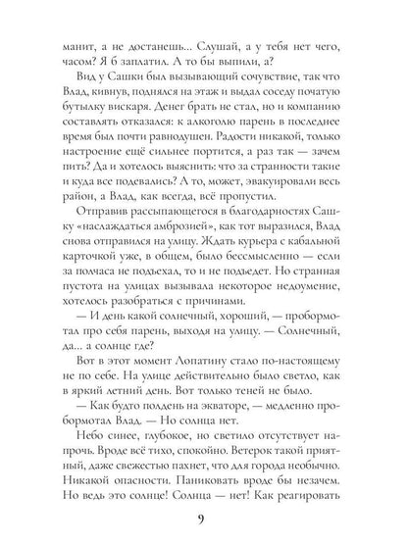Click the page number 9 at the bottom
point(203,519)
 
